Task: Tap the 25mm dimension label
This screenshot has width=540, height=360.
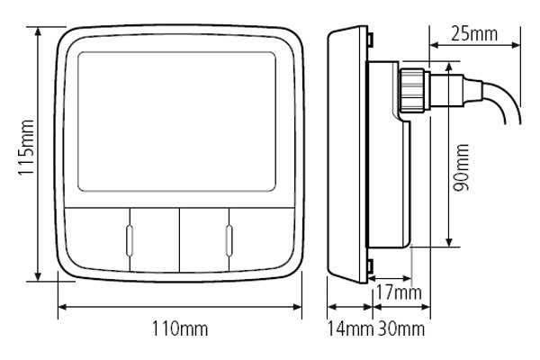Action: tap(473, 34)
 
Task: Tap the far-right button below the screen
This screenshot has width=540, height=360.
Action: tap(263, 238)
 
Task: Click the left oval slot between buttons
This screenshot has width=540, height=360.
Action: tap(130, 238)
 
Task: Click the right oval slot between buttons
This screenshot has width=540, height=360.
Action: tap(229, 238)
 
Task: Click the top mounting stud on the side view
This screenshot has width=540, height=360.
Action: tap(372, 38)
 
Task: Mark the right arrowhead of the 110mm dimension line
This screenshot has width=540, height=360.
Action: tap(301, 306)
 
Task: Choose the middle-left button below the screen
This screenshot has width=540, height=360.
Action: tap(155, 238)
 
